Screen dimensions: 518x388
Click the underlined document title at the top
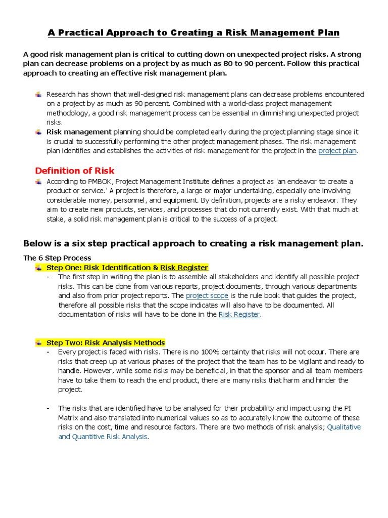pyautogui.click(x=193, y=33)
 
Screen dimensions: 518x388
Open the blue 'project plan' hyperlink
pyautogui.click(x=337, y=151)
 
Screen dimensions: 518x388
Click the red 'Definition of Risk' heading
pyautogui.click(x=75, y=170)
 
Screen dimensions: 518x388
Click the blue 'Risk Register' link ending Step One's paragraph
pyautogui.click(x=239, y=314)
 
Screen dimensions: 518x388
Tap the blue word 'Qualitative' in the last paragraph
pyautogui.click(x=344, y=427)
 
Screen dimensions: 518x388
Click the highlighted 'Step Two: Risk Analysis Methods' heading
pyautogui.click(x=105, y=342)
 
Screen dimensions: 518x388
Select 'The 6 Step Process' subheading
pyautogui.click(x=57, y=258)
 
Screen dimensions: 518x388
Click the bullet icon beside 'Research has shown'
pyautogui.click(x=38, y=95)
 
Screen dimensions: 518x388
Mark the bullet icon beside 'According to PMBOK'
pyautogui.click(x=38, y=181)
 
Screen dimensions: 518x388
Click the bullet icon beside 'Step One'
pyautogui.click(x=38, y=267)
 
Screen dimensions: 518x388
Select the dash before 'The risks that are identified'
pyautogui.click(x=47, y=408)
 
